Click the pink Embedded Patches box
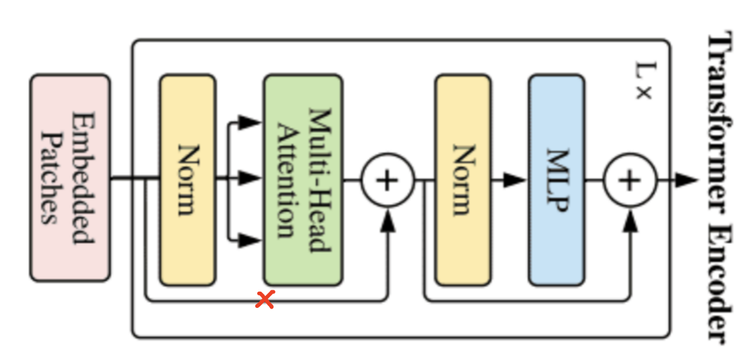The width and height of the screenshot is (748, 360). point(70,178)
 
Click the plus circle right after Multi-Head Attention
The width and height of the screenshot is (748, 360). point(387,180)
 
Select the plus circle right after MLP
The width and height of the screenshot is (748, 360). point(629,180)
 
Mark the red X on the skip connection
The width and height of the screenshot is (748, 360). point(265,300)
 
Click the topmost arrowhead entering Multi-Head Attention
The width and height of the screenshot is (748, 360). point(252,122)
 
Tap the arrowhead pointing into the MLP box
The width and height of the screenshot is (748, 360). point(516,180)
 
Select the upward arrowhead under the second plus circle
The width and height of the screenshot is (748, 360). point(630,218)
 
